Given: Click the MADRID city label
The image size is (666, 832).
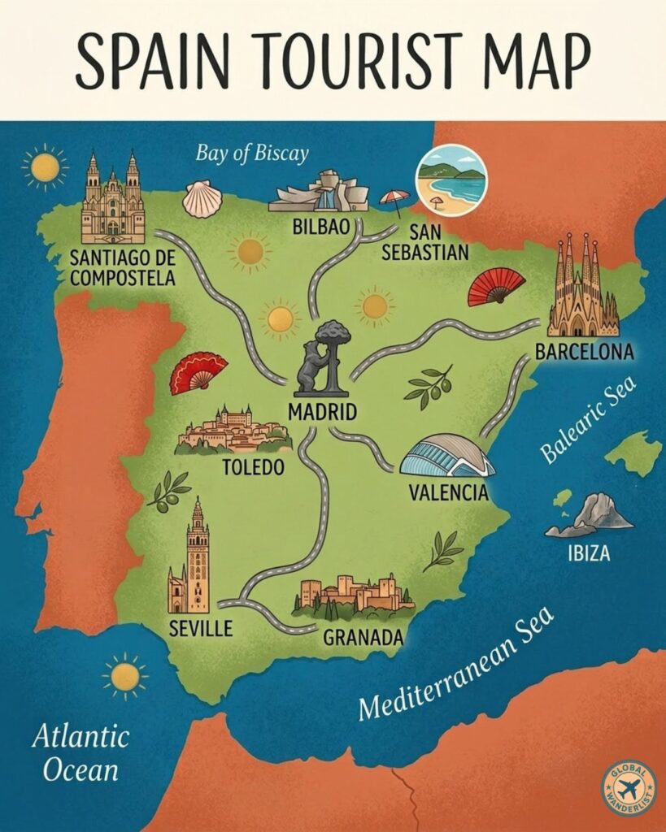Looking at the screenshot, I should (323, 411).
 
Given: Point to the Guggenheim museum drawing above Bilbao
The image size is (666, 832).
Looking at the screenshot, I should (315, 193).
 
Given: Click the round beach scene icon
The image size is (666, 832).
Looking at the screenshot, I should (451, 180).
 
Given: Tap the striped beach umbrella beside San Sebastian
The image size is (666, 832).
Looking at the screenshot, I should (394, 201).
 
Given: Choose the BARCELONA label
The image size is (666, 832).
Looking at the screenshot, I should (584, 352).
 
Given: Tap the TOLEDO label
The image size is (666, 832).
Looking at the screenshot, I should (253, 467).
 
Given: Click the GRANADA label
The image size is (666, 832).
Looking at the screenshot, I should (363, 637).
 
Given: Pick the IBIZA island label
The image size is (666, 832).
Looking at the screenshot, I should (588, 556).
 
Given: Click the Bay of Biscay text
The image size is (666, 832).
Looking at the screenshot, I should (252, 153).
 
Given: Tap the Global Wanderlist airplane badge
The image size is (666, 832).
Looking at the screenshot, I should (629, 788).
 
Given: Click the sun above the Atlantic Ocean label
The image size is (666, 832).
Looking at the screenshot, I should (125, 676).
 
